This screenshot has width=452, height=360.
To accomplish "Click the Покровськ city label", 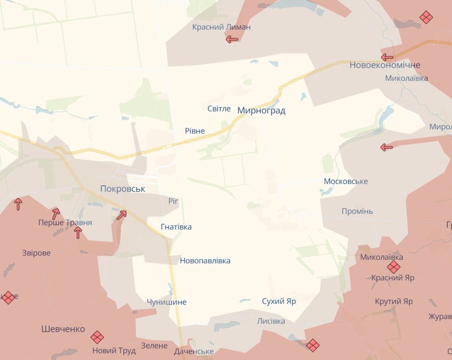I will tap(123, 189).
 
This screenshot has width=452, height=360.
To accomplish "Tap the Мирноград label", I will tap(261, 111).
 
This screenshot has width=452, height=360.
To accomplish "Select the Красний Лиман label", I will tap(221, 27).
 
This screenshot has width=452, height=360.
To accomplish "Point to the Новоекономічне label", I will tap(385, 65).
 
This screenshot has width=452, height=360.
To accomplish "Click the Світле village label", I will tap(219, 109).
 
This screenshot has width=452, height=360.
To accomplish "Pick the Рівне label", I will tap(195, 131).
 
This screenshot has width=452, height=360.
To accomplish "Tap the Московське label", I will tap(346, 181).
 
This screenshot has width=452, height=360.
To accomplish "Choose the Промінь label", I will tap(357, 211).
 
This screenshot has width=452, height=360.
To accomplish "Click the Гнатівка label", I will tap(176, 227).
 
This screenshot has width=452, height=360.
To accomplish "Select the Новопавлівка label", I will tap(205, 261).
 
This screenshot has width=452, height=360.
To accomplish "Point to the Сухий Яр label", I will tap(279, 301).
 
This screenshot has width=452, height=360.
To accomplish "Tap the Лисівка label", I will tap(271, 321).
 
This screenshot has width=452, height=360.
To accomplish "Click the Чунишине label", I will tap(166, 302).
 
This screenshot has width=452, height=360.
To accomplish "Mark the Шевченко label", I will tap(63, 329).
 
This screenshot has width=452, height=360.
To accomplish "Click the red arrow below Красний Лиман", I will tap(232, 39).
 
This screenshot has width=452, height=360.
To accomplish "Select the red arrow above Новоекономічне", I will tap(387, 57).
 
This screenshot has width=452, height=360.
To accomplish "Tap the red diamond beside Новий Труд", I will tap(97, 337).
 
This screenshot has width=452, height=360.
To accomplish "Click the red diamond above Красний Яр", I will tap(393, 267).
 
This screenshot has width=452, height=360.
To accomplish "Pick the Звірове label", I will tap(36, 253).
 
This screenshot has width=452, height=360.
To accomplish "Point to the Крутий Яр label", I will tap(394, 301).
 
